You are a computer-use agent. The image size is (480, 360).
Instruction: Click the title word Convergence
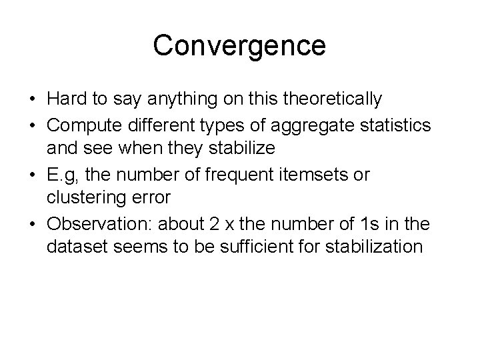(x=239, y=46)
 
